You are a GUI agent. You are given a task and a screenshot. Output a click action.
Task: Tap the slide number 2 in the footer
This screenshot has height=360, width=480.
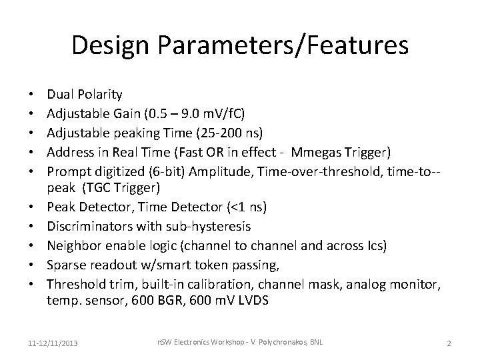pos(449,343)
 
